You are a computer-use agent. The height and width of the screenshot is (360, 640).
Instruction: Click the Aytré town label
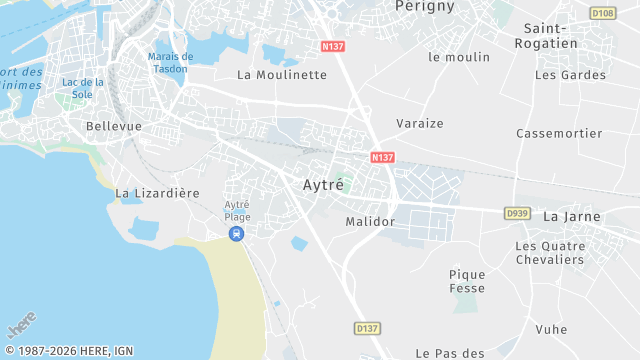[x=323, y=185]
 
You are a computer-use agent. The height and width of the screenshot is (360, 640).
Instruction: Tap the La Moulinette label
[x=282, y=75]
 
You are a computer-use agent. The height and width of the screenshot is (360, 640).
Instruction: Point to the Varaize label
[x=421, y=123]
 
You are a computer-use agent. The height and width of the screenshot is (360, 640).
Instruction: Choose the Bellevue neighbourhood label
[x=114, y=126]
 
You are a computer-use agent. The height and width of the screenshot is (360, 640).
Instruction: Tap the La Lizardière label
[x=158, y=193]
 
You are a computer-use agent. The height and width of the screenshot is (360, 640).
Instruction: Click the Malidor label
[x=370, y=221]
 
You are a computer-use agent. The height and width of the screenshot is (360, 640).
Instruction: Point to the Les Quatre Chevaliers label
[x=549, y=253]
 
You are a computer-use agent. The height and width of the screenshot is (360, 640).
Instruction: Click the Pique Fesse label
[x=467, y=281]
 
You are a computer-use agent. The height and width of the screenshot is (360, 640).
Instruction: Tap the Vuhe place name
[x=551, y=329]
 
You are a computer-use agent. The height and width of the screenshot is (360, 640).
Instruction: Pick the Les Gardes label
[x=570, y=75]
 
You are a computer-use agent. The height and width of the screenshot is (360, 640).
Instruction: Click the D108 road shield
[x=602, y=13]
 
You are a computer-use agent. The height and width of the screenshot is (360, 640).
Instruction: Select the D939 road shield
[x=517, y=213]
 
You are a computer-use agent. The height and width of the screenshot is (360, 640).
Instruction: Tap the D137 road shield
[x=368, y=328]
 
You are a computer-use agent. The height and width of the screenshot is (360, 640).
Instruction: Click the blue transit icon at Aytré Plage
[x=236, y=234]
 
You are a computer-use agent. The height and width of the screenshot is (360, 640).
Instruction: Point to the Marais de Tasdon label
[x=171, y=62]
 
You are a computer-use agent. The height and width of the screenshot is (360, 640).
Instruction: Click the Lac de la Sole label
[x=83, y=88]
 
